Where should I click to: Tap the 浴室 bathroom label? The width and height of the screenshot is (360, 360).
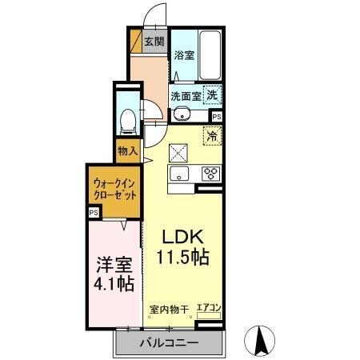(184, 55)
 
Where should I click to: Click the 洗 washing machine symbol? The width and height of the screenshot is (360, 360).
(212, 94)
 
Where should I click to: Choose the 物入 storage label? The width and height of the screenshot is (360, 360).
(127, 150)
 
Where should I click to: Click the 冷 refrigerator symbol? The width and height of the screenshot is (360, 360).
(213, 136)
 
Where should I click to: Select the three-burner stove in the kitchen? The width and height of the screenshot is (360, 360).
(211, 174)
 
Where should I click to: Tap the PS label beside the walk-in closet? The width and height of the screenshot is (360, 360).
(94, 212)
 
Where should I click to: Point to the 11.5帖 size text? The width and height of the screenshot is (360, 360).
(184, 258)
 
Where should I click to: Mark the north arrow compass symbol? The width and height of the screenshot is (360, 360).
(260, 340)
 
